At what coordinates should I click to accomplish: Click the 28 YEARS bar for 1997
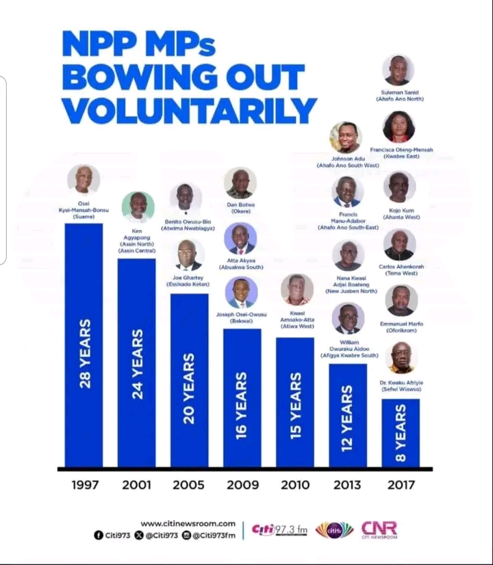[84, 345]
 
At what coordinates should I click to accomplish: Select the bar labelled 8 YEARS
[401, 433]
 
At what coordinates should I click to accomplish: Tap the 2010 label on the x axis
[296, 485]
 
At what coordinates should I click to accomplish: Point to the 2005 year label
[188, 485]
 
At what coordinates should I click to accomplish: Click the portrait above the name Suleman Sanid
[398, 70]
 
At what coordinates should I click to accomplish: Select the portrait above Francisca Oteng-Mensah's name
[399, 127]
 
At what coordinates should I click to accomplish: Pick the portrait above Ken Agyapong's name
[138, 207]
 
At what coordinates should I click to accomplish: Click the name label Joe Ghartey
[188, 279]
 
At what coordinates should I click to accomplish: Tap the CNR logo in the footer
[379, 530]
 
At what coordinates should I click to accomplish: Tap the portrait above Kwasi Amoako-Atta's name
[296, 290]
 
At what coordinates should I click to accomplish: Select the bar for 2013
[348, 415]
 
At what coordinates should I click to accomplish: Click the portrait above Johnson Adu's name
[346, 137]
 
